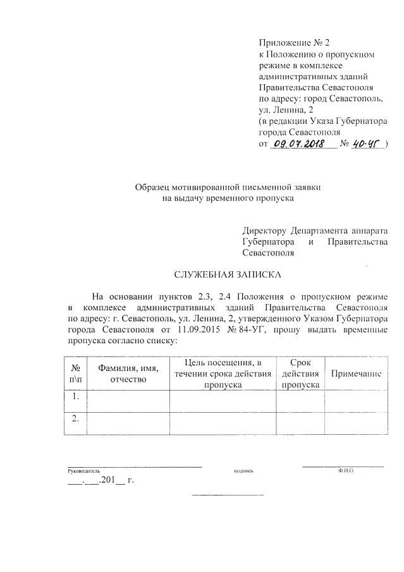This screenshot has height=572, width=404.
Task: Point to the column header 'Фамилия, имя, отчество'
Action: (128, 373)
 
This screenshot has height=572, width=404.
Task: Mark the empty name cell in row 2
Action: (128, 423)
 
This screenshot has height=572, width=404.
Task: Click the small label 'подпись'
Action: (243, 471)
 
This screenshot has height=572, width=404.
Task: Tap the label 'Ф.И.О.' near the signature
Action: (345, 470)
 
